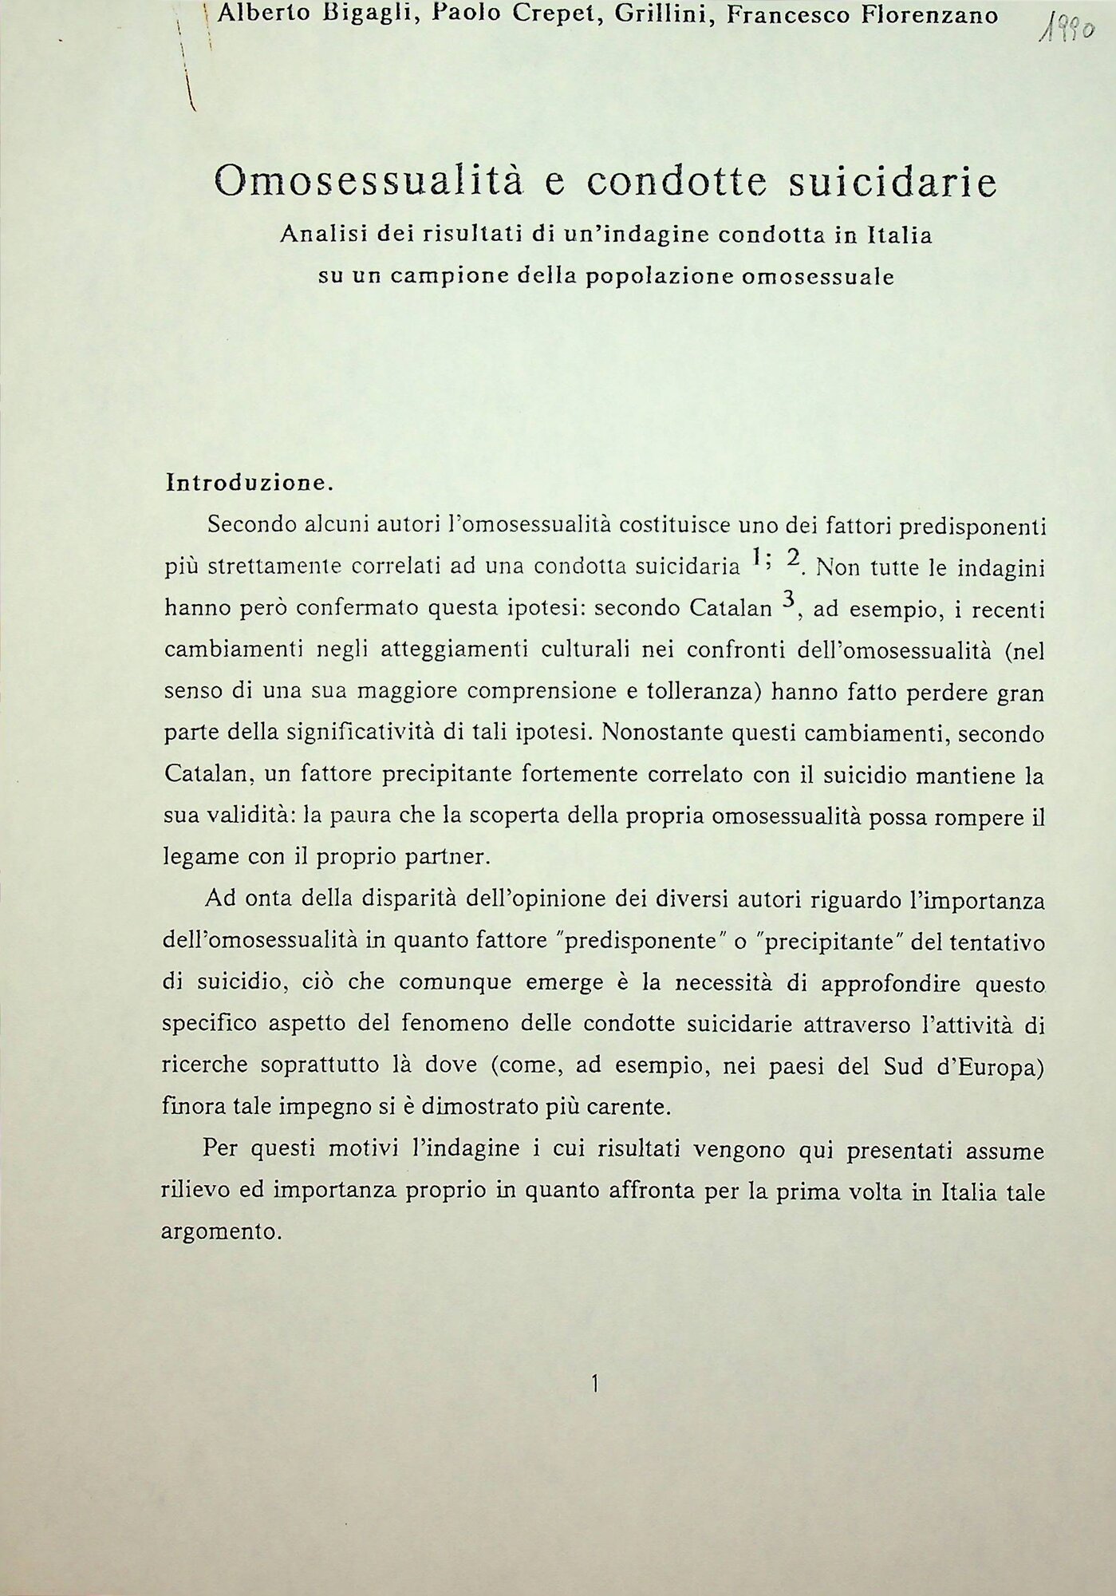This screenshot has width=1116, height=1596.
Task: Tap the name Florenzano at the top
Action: [930, 14]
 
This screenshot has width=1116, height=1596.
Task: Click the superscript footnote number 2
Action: [793, 560]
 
